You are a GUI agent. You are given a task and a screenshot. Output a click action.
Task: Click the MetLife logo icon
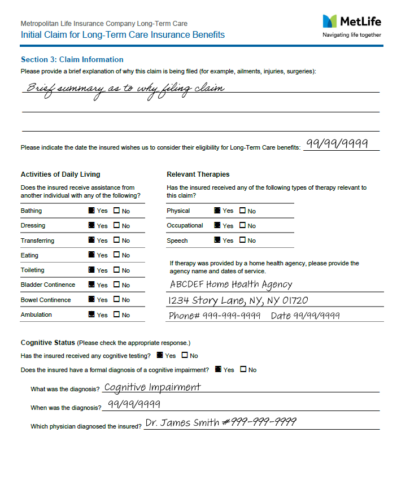(x=329, y=21)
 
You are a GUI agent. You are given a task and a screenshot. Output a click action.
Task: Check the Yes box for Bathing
(x=92, y=211)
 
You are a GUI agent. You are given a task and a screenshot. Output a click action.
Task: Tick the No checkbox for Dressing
(x=117, y=225)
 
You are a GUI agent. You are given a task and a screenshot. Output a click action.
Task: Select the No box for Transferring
(x=117, y=241)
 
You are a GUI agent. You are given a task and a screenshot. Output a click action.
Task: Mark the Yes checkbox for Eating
(x=92, y=255)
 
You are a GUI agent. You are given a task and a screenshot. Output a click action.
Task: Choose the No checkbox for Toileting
(x=117, y=270)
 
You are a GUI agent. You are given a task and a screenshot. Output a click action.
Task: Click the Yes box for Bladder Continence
(x=92, y=285)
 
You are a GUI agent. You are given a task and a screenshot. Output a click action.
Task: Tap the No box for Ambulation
(x=117, y=314)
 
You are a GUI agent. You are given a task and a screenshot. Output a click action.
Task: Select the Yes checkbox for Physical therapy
(x=217, y=211)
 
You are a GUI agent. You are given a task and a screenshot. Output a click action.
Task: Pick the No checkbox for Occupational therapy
(x=243, y=225)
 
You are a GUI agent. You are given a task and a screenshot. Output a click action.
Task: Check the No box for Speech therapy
(x=243, y=241)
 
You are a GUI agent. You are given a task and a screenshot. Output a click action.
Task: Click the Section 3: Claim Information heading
(x=72, y=59)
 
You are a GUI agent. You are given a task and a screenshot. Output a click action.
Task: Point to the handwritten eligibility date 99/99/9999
(x=337, y=143)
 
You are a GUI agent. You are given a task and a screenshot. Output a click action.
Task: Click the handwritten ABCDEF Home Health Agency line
(x=231, y=285)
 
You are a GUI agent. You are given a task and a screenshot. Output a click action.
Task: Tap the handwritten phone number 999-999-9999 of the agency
(x=232, y=316)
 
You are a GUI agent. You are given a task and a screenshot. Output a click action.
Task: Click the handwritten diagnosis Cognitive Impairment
(x=152, y=387)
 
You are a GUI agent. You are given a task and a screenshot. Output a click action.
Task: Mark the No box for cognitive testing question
(x=185, y=356)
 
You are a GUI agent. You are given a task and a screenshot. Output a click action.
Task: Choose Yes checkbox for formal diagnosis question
(x=218, y=370)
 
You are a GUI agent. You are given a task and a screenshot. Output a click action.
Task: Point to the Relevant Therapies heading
(x=198, y=174)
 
